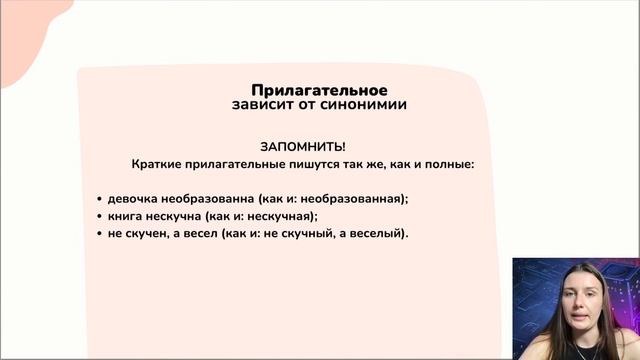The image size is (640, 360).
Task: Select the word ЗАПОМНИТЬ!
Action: tap(303, 146)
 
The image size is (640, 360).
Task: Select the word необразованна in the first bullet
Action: tap(211, 197)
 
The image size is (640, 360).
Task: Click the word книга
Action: tap(127, 215)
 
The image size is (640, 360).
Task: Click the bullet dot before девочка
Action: tap(100, 198)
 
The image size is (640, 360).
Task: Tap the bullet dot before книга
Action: tap(100, 216)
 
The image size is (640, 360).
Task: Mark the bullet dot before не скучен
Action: tap(100, 234)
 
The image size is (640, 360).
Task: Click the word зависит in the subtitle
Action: tap(261, 104)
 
